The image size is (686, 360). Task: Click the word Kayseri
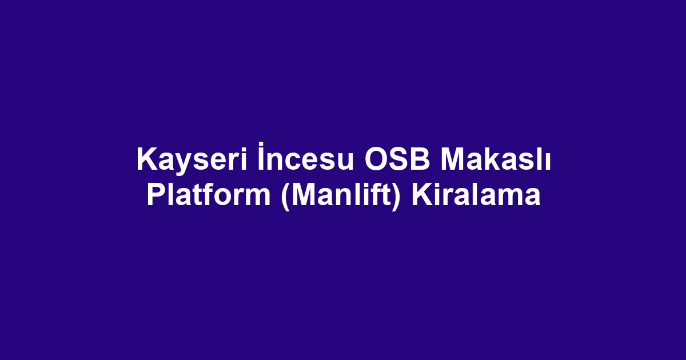pos(192,161)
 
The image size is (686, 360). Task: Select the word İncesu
pos(306,157)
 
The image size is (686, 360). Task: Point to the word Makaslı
pos(496,159)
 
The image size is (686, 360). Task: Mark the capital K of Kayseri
pos(147,159)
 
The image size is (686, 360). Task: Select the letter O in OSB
pos(376,159)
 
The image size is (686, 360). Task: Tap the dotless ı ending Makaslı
pos(548,162)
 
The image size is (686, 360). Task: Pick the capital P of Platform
pos(157,194)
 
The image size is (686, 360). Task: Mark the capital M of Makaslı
pos(453,159)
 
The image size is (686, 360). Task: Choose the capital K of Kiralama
pos(422,194)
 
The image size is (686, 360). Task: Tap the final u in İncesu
pos(346,162)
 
